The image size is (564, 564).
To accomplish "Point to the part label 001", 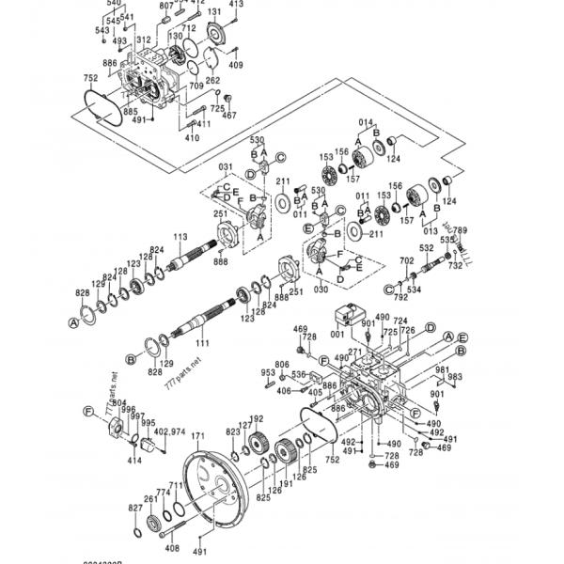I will click(336, 334).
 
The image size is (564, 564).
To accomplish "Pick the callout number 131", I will click(213, 12).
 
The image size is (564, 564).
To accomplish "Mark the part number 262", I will click(213, 81).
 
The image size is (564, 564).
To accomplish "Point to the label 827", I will click(135, 508).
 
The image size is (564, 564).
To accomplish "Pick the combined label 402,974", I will click(169, 431).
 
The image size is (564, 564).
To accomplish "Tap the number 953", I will click(268, 372).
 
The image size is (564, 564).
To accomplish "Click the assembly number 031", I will click(226, 168).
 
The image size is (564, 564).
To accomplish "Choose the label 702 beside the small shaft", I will click(407, 260).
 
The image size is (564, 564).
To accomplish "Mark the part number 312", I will click(143, 39).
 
